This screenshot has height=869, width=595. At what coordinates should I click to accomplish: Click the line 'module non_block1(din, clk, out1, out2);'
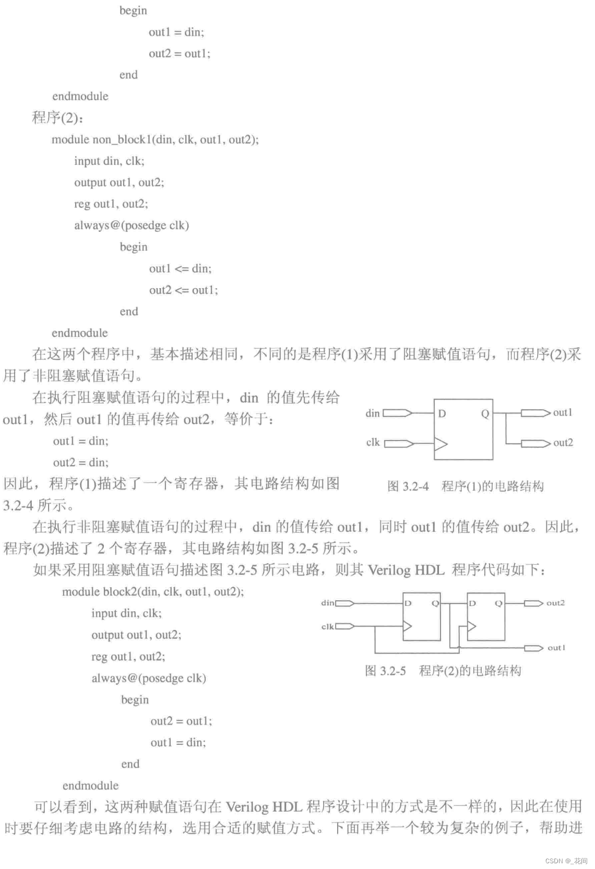coord(155,139)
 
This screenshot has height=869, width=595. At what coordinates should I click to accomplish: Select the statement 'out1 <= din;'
coord(180,268)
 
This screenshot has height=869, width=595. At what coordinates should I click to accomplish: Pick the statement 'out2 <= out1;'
coord(183,290)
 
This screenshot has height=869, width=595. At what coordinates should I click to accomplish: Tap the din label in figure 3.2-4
coord(373,413)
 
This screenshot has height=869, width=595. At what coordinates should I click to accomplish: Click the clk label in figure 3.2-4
coord(373,443)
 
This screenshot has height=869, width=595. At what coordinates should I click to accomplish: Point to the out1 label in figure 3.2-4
coord(563,412)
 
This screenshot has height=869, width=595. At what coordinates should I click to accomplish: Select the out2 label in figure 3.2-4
coord(563,443)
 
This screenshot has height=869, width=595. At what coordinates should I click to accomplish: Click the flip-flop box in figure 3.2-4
coord(463,430)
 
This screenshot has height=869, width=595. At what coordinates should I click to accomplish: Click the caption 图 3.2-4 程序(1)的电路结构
coord(465,486)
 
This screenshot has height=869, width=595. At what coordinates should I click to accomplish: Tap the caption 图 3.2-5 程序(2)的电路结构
coord(443,671)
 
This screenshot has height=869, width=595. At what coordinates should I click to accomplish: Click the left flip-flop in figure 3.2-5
coord(422,616)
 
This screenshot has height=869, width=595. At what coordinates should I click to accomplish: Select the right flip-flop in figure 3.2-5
coord(486,616)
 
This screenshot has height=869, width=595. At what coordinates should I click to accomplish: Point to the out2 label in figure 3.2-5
coord(555,603)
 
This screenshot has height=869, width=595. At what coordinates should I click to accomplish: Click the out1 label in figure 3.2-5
coord(556,648)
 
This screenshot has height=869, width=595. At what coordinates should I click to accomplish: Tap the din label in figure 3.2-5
coord(327,603)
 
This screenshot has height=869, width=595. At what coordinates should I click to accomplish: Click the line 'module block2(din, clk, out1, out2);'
coord(153,591)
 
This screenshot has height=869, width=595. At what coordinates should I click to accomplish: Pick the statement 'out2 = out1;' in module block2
coord(181,721)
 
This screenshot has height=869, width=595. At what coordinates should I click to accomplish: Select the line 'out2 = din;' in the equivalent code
coord(80,462)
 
